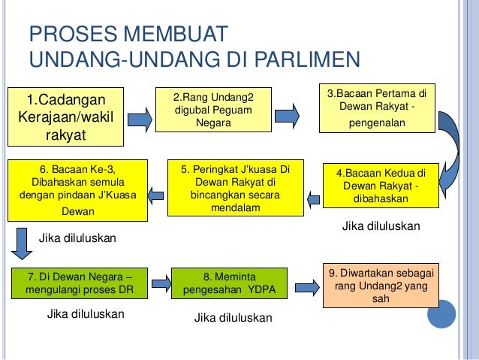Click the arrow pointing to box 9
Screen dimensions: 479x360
[304, 286]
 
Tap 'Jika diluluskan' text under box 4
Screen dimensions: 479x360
[381, 225]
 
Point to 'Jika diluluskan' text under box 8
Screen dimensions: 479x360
[233, 319]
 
